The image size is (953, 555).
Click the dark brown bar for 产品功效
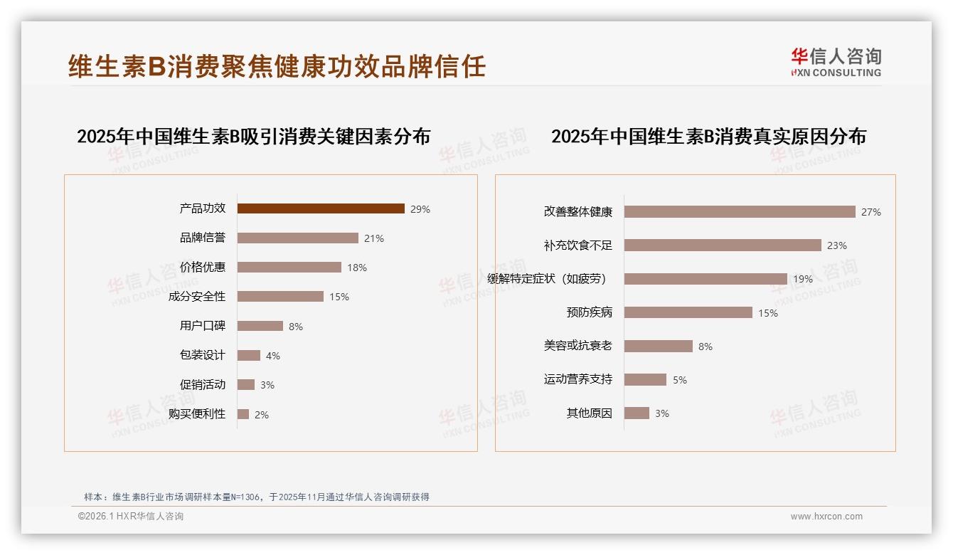pyautogui.click(x=321, y=208)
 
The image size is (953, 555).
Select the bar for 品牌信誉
pyautogui.click(x=297, y=238)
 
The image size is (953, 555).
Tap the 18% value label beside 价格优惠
pyautogui.click(x=357, y=268)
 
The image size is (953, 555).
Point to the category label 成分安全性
pyautogui.click(x=197, y=297)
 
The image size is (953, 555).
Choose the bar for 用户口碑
pyautogui.click(x=260, y=326)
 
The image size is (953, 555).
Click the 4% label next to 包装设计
pyautogui.click(x=273, y=356)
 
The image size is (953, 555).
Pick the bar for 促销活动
pyautogui.click(x=245, y=385)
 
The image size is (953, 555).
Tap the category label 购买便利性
pyautogui.click(x=197, y=414)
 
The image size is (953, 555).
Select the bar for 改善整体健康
pyautogui.click(x=740, y=212)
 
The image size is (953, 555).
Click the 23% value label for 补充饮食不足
pyautogui.click(x=837, y=245)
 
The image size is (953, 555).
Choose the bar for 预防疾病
pyautogui.click(x=688, y=312)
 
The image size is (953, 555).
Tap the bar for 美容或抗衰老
pyautogui.click(x=658, y=346)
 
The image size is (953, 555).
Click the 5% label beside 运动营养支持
pyautogui.click(x=680, y=380)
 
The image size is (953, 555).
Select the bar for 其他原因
pyautogui.click(x=637, y=413)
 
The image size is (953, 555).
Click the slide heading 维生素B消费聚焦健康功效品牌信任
pyautogui.click(x=277, y=66)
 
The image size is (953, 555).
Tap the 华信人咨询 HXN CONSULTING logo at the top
pyautogui.click(x=836, y=63)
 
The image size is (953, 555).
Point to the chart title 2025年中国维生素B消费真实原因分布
pyautogui.click(x=708, y=137)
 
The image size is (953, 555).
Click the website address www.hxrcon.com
pyautogui.click(x=826, y=517)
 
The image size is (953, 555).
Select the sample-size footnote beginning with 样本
pyautogui.click(x=257, y=497)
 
